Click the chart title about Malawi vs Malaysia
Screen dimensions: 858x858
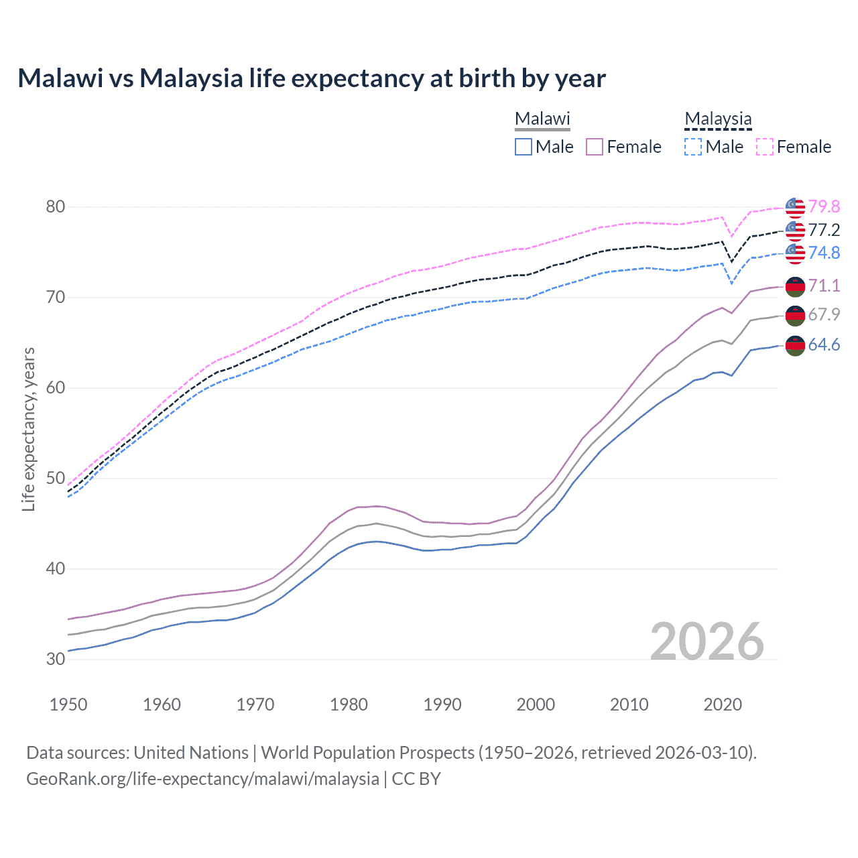tap(312, 78)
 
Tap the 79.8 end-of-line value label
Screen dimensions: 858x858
tap(824, 207)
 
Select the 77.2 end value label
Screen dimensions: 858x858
tap(824, 230)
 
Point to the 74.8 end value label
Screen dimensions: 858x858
tap(824, 253)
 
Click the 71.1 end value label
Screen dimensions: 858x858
tap(824, 286)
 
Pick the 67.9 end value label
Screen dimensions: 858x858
tap(824, 315)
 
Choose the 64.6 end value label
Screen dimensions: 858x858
tap(824, 345)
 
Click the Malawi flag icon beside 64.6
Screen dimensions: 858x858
tap(795, 346)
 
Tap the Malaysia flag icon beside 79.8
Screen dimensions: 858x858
tap(795, 208)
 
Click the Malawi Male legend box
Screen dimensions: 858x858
tap(524, 147)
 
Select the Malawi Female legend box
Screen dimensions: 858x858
tap(595, 147)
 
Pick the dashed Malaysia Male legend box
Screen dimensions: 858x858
tap(694, 147)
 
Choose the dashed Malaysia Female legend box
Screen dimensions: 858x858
tap(765, 147)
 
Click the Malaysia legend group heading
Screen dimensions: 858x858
tap(718, 119)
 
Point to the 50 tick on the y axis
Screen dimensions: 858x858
tap(56, 479)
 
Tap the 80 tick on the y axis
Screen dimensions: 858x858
tap(56, 207)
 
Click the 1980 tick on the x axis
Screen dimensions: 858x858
tap(349, 704)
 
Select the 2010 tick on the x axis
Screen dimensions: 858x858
tap(629, 704)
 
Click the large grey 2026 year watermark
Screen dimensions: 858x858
tap(707, 641)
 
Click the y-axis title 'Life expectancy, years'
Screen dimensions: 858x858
tap(29, 429)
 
